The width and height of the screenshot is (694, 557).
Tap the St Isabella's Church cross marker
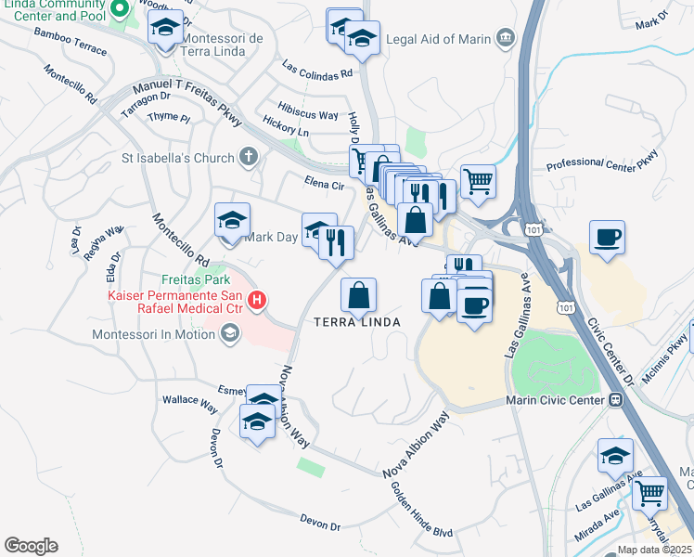point(248,157)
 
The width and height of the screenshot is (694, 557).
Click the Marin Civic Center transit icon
point(614,400)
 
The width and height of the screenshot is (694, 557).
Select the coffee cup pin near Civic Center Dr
point(607,236)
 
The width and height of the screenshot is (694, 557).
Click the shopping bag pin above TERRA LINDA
point(359,295)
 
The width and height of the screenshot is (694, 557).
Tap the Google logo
point(31,546)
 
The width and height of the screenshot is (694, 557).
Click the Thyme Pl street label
point(168,118)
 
